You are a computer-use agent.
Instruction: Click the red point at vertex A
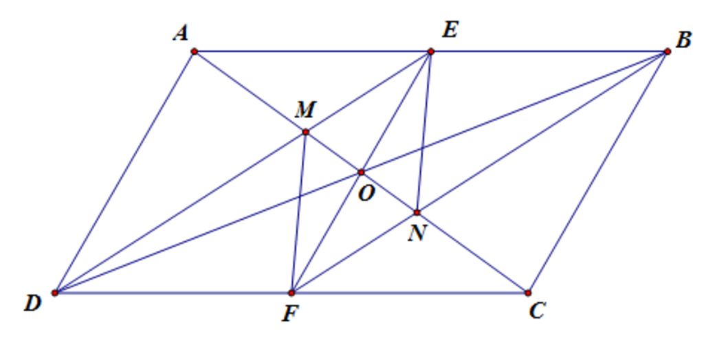click(195, 52)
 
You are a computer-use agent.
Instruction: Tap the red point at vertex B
click(667, 52)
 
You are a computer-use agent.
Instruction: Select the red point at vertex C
click(528, 293)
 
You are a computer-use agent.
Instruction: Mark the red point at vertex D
click(55, 293)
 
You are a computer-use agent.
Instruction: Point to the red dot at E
click(430, 52)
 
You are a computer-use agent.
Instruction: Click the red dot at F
click(291, 293)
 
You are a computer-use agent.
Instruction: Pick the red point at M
click(306, 132)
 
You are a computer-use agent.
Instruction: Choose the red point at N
click(417, 212)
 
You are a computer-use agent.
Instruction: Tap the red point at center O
click(362, 172)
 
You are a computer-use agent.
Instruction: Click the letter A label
click(181, 34)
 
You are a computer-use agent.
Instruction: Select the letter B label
click(683, 40)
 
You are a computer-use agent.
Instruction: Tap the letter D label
click(33, 304)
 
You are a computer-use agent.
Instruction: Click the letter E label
click(450, 30)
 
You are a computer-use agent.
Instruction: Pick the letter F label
click(290, 314)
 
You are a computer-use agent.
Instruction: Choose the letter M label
click(306, 110)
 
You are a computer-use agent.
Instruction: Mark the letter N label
click(417, 234)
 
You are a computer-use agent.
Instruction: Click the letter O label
click(366, 194)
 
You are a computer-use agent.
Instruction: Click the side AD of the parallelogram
click(124, 172)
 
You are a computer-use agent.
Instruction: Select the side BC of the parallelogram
click(597, 172)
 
